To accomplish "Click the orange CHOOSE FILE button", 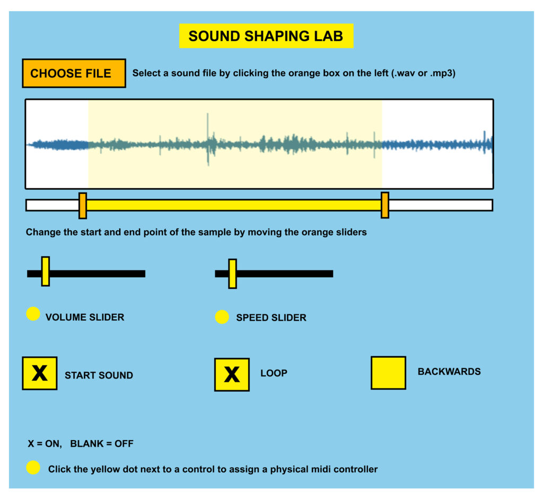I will coord(74,73).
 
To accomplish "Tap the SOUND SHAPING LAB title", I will coord(266,36).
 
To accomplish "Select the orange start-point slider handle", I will coord(83,205).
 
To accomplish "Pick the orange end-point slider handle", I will coord(384,205).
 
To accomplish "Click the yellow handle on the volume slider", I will coord(46,271).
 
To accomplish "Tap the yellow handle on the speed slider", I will coord(232,274).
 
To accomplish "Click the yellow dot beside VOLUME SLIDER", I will coord(33,314).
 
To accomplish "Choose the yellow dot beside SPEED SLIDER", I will coord(222,317).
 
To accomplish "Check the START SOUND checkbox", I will coord(40,373).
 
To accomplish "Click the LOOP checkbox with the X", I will coord(232,374).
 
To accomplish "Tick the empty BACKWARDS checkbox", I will coord(388,373).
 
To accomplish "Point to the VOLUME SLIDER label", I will coord(85,318).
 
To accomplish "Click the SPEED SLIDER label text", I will coord(271,318).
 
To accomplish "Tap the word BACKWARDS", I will coord(449,372).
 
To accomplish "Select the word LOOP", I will coord(274,373).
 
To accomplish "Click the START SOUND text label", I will coord(99,375).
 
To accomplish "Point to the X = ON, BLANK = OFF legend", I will coord(81,444).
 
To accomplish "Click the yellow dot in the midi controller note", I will coord(33,468).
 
